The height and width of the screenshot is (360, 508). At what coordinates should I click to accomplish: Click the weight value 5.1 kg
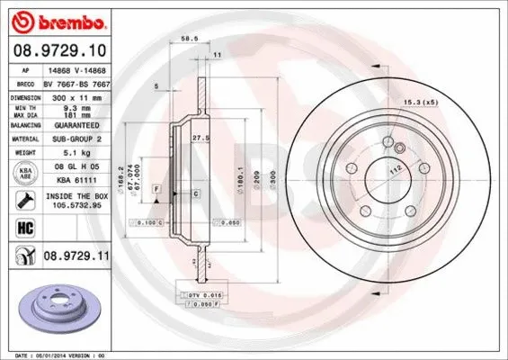(67, 153)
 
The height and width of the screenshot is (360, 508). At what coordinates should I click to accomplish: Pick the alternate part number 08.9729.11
(76, 257)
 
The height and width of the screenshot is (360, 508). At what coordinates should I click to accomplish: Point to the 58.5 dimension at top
(189, 40)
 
